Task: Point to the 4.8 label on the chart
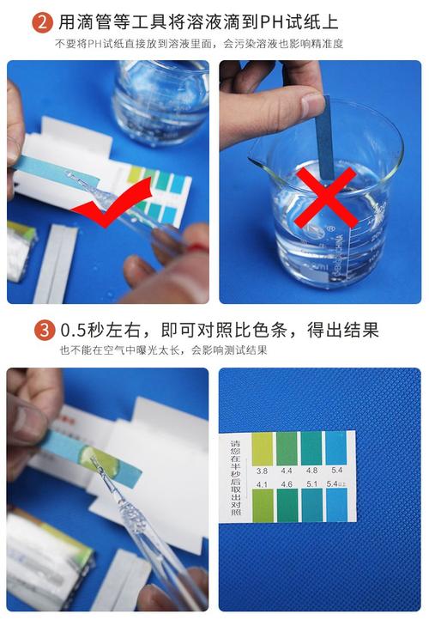coord(311,471)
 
